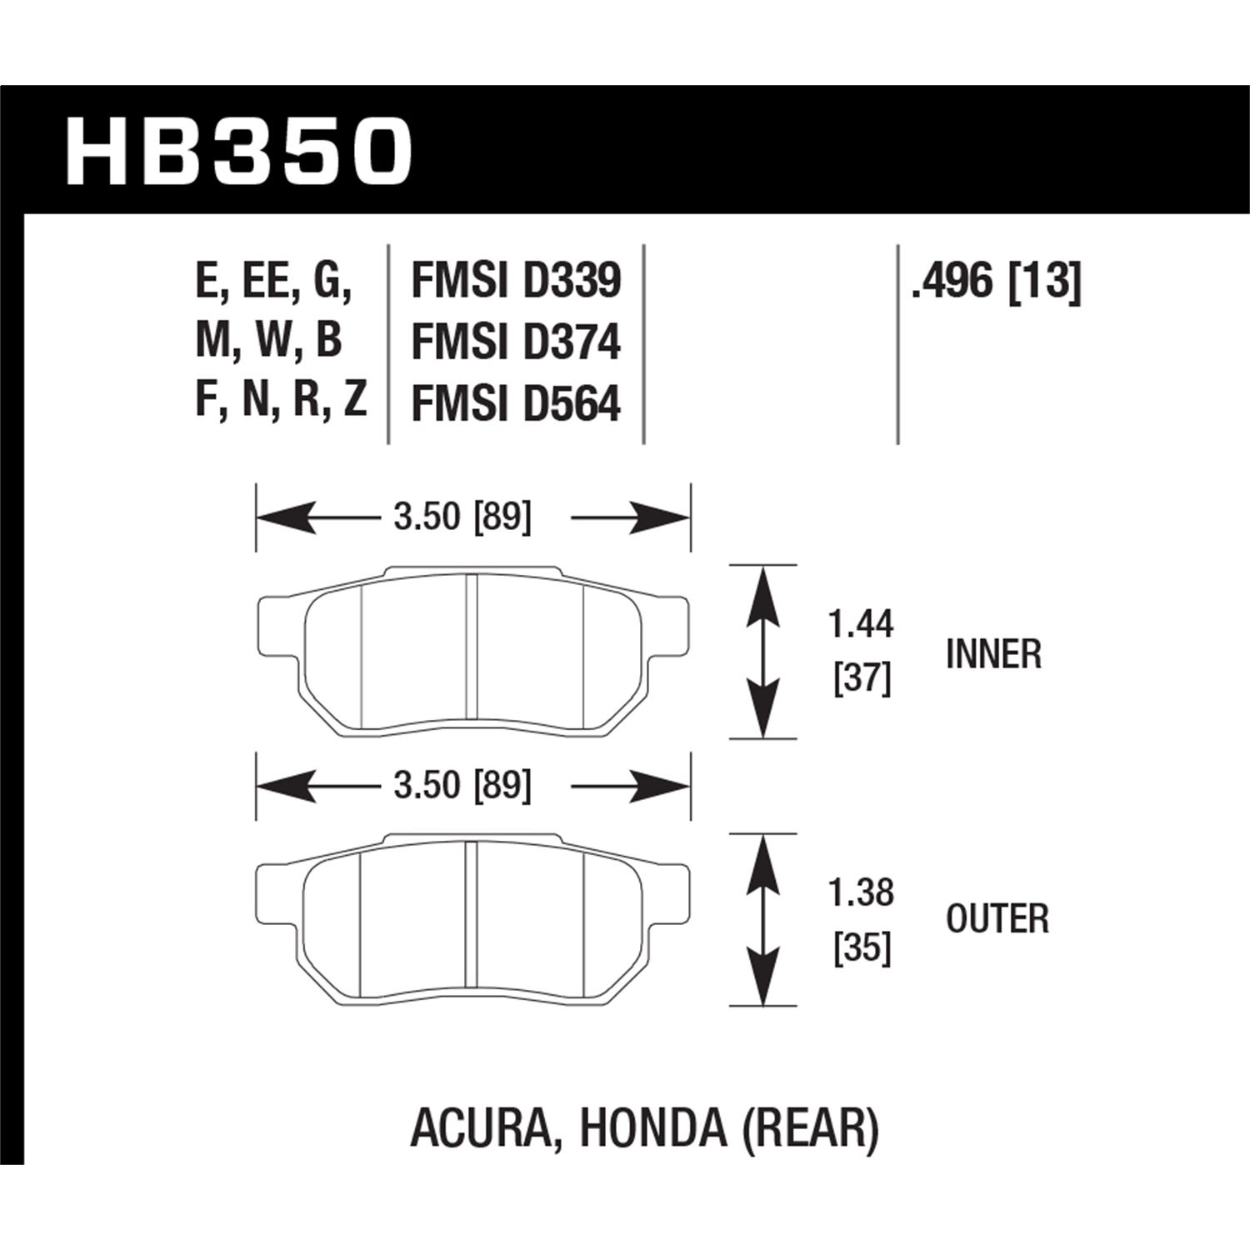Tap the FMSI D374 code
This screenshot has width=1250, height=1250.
click(x=516, y=342)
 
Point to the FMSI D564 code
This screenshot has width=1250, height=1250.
click(x=516, y=405)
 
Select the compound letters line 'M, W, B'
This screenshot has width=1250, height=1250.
click(x=268, y=342)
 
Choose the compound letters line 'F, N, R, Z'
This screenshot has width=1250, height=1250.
click(x=281, y=402)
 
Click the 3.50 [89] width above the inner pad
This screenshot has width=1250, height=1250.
click(x=462, y=517)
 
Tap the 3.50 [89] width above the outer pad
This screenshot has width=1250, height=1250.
click(x=462, y=785)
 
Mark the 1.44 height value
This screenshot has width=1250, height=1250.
click(x=862, y=624)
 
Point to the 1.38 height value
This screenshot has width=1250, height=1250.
click(x=862, y=892)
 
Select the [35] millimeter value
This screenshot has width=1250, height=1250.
click(x=862, y=948)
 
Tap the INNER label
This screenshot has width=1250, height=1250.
click(x=993, y=654)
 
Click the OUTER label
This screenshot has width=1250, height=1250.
click(x=997, y=919)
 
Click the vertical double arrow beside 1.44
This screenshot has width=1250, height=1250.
click(x=762, y=652)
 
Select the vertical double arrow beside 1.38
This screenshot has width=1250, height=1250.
click(x=762, y=919)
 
